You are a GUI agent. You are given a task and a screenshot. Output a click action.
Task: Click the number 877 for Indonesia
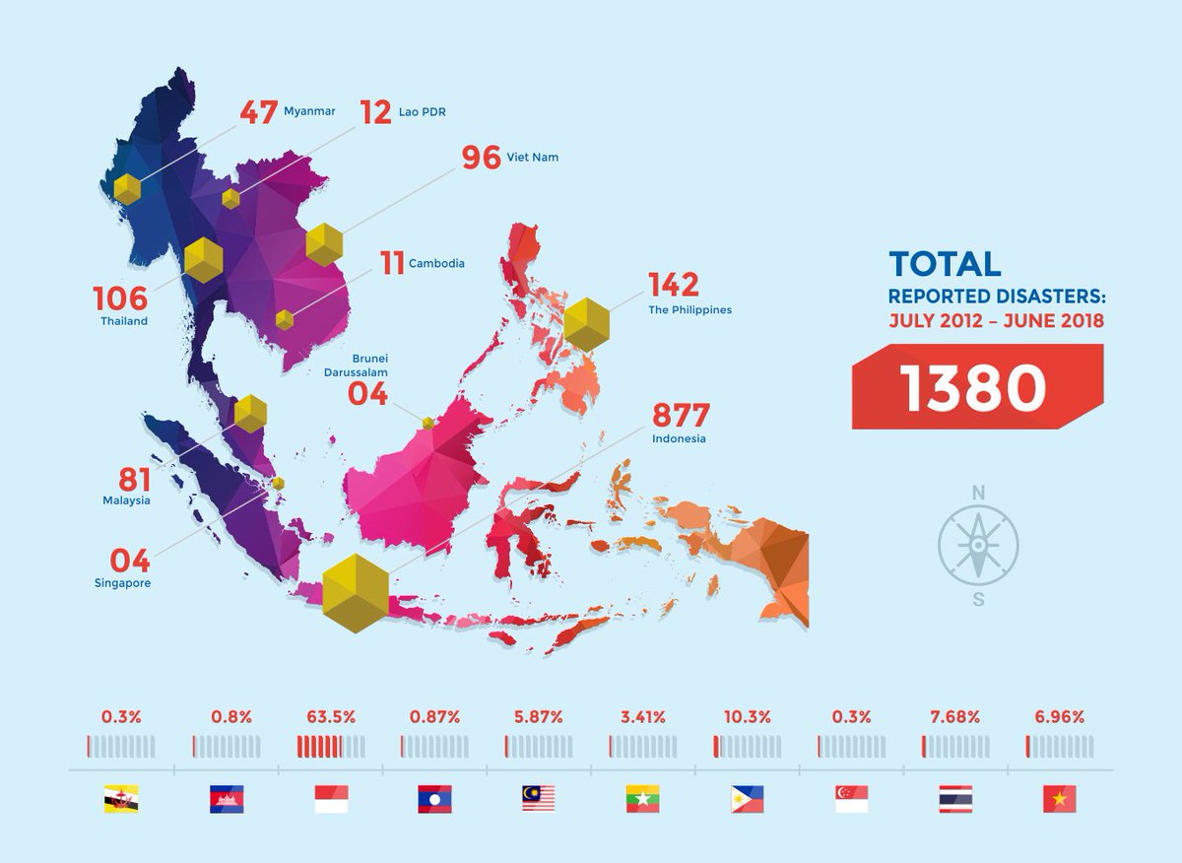[x=681, y=416]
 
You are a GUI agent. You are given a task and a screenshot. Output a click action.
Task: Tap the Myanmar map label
[x=308, y=111]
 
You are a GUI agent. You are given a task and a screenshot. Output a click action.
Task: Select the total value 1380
[x=972, y=387]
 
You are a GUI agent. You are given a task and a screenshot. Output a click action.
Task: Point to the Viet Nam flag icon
[x=1060, y=799]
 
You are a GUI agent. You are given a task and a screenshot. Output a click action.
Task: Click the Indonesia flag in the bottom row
[x=331, y=799]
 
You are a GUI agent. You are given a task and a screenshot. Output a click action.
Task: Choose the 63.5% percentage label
[x=331, y=717]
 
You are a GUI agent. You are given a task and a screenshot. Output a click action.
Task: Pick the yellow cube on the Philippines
[x=587, y=323]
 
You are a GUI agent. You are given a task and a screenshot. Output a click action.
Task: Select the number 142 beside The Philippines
[x=674, y=284]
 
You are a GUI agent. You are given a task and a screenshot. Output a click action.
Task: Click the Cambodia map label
[x=436, y=264]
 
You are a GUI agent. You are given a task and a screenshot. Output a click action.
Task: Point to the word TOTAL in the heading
[x=945, y=264]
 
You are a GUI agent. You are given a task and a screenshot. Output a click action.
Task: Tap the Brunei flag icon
[x=121, y=799]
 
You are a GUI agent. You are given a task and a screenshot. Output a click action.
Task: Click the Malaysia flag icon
[x=539, y=799]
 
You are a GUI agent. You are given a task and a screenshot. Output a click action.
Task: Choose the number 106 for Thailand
[x=119, y=298]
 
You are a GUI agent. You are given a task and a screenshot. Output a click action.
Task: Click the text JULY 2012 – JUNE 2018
[x=996, y=321]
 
